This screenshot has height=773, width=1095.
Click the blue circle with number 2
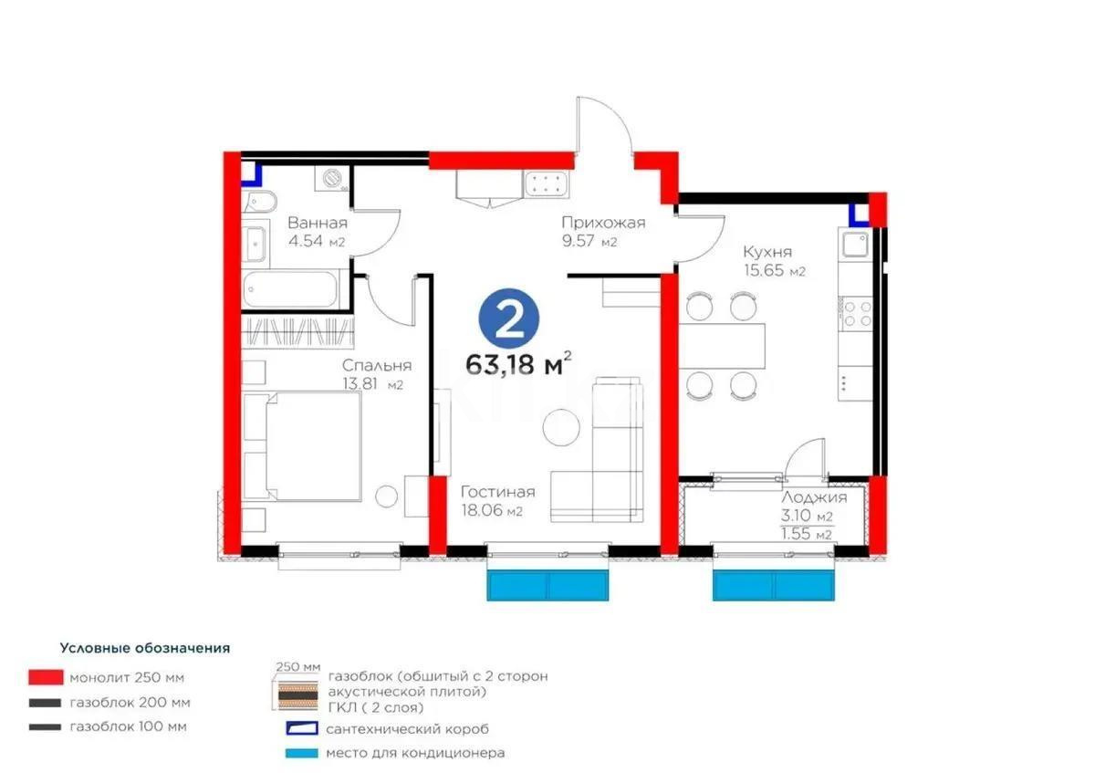(509, 316)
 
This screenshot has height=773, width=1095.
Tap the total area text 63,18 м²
(518, 363)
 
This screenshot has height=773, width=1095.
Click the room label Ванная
(317, 224)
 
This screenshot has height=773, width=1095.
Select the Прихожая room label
(603, 224)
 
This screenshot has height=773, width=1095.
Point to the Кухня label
(766, 252)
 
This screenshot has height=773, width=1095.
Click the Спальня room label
(371, 365)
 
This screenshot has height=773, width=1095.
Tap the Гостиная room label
(497, 492)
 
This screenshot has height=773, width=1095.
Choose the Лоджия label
(814, 497)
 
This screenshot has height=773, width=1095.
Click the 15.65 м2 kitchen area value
(774, 271)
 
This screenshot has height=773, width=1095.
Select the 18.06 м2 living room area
(491, 511)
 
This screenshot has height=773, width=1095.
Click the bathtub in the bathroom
(292, 289)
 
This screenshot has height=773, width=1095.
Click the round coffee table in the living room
(561, 425)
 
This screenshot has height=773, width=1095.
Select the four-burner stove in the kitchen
(856, 313)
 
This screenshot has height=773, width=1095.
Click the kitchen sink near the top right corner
(855, 245)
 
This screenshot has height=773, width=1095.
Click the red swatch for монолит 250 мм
(45, 677)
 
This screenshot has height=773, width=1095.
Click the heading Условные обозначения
(144, 648)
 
